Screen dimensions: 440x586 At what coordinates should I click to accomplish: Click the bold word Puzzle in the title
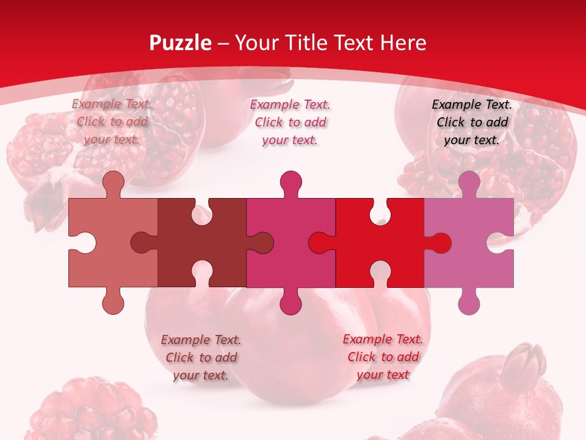pyautogui.click(x=181, y=43)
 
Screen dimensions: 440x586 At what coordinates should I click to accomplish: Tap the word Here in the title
pyautogui.click(x=403, y=43)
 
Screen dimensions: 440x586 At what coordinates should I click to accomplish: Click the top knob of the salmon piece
pyautogui.click(x=114, y=182)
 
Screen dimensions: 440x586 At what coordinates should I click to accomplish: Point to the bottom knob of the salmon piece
pyautogui.click(x=114, y=302)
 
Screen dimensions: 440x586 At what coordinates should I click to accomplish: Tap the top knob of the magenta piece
pyautogui.click(x=291, y=182)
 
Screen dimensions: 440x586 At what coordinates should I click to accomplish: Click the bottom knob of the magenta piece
pyautogui.click(x=291, y=302)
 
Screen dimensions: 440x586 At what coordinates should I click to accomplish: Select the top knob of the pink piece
pyautogui.click(x=469, y=182)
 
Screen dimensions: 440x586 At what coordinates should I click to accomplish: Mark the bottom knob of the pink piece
pyautogui.click(x=469, y=302)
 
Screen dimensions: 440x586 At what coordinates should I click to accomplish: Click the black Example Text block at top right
pyautogui.click(x=472, y=122)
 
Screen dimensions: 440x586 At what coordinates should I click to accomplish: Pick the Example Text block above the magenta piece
pyautogui.click(x=291, y=122)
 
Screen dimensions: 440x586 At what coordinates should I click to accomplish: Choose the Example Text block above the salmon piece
pyautogui.click(x=112, y=122)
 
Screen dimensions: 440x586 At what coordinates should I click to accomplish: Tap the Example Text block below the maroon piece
pyautogui.click(x=201, y=358)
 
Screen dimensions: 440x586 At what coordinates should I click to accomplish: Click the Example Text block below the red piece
pyautogui.click(x=383, y=357)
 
